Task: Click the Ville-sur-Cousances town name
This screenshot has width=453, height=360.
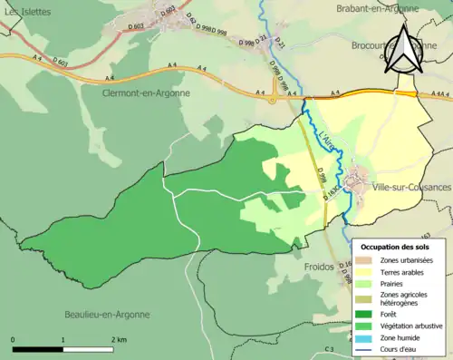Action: point(410,187)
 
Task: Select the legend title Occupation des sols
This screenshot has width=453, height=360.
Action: point(397,247)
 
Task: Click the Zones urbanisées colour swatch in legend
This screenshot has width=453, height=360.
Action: point(365,260)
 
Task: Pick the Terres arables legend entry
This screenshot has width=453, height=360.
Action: point(404,272)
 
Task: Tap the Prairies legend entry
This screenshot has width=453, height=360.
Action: point(394,284)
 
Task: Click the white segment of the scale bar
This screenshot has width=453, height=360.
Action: point(87,349)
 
